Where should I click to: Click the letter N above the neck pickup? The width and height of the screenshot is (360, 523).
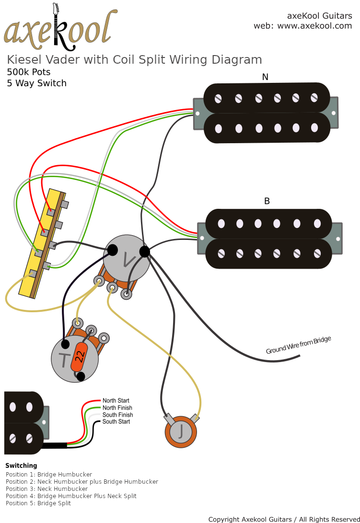265,77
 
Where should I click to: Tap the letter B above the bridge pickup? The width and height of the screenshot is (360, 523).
267,201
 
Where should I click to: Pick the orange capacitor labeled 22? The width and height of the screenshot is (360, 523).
80,356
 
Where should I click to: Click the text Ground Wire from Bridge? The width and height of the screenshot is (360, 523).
298,345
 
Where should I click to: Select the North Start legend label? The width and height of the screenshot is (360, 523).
116,400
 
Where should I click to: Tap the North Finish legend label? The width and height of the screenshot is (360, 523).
117,408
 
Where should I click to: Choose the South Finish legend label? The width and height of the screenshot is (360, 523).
117,415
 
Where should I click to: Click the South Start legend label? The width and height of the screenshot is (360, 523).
116,421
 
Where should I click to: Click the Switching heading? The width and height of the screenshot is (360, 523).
21,466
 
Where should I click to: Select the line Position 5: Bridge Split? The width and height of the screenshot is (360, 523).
38,503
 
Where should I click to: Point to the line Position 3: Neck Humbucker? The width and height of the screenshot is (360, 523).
46,489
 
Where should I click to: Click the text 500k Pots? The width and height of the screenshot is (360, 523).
29,72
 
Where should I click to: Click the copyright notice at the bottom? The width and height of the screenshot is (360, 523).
284,519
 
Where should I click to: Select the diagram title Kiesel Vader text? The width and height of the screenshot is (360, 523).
134,60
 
